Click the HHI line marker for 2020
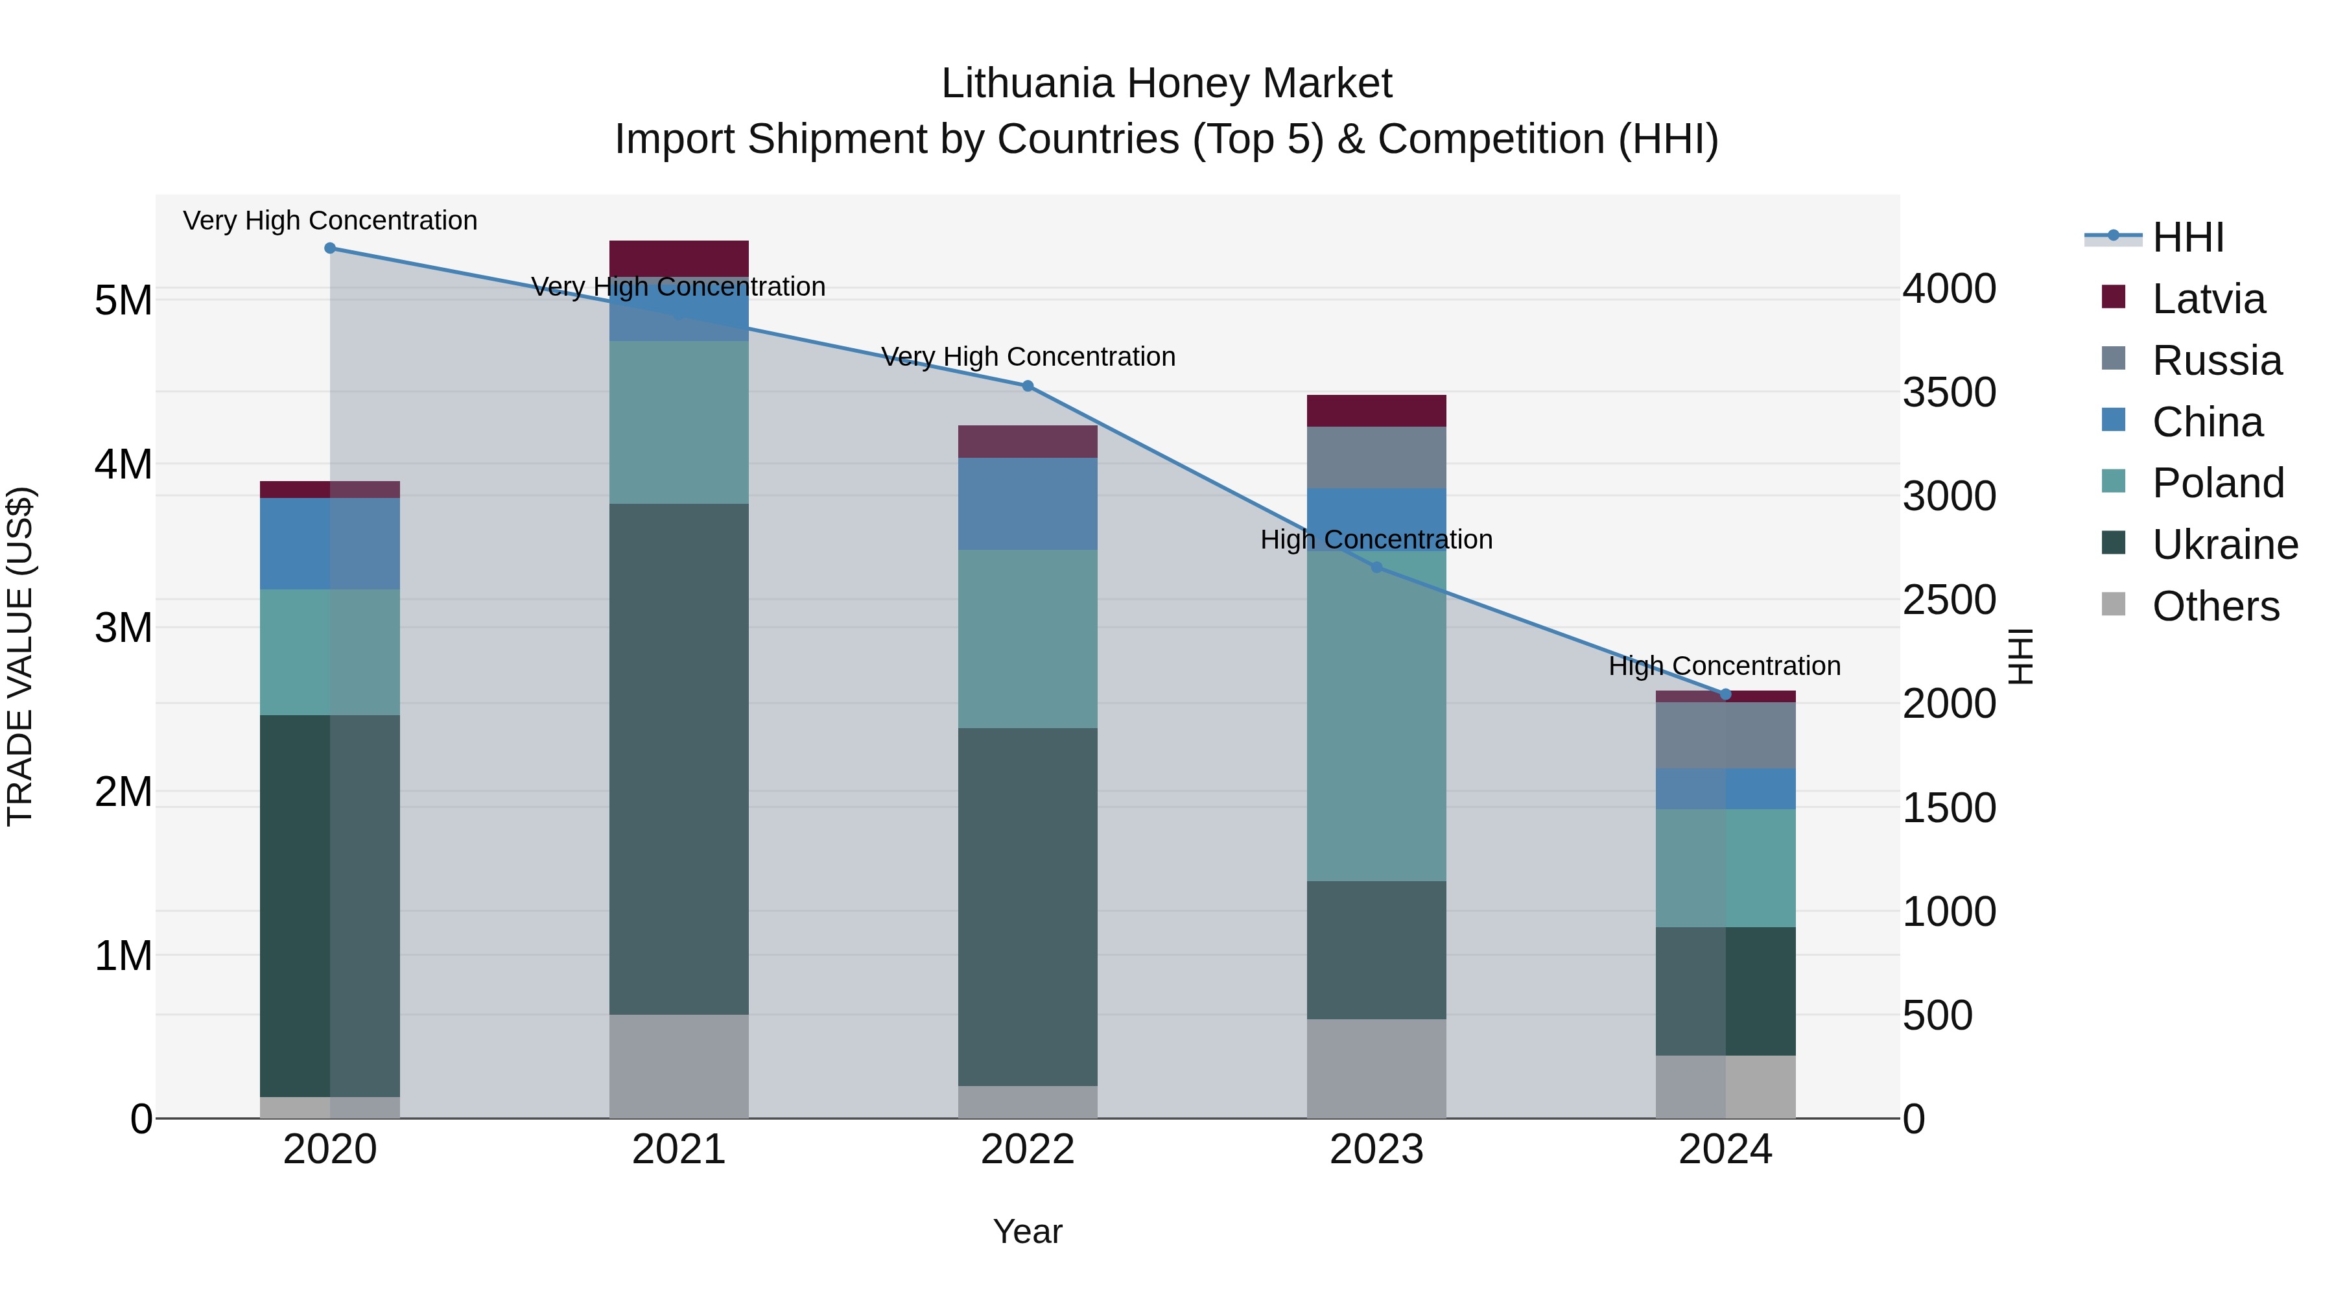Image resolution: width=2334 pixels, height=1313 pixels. coord(330,248)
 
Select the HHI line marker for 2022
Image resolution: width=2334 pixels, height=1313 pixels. coord(1028,386)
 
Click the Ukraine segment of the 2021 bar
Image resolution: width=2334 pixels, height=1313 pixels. coord(679,759)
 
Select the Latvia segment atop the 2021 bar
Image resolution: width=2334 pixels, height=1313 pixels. coord(679,258)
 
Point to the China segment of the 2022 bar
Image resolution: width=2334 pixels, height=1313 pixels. coord(1028,503)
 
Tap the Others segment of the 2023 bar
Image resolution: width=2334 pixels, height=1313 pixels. coord(1376,1069)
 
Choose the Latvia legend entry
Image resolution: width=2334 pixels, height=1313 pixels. coord(2208,299)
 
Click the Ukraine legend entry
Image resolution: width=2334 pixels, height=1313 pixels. coord(2224,545)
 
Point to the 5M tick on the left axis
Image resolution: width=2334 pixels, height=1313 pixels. coord(123,301)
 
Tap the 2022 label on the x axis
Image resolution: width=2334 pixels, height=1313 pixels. coord(1028,1150)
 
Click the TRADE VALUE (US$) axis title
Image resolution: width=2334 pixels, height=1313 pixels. coord(21,656)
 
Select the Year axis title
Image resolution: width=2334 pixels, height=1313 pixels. coord(1028,1231)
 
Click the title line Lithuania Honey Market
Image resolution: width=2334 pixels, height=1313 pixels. coord(1166,84)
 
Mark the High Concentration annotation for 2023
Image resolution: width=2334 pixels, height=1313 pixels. coord(1376,540)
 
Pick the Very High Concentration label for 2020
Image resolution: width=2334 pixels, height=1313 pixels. coord(330,221)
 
